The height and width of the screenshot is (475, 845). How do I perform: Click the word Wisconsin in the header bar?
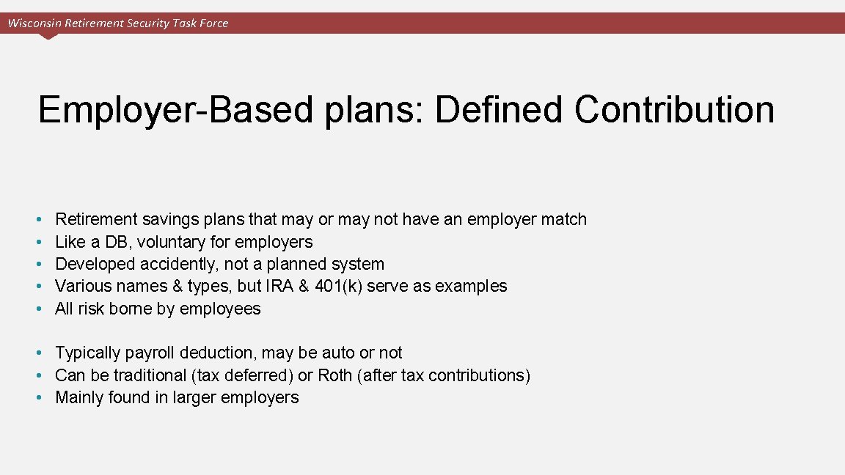coord(34,23)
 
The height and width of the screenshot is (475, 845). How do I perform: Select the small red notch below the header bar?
coord(49,36)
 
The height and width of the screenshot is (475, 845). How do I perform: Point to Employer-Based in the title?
coord(175,109)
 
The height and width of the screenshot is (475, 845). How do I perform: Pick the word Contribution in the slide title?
coord(674,109)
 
